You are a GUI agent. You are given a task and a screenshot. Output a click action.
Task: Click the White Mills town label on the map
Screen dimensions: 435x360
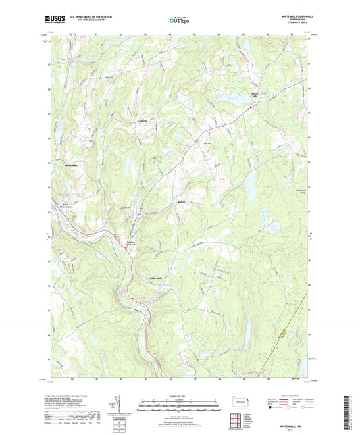pyautogui.click(x=156, y=278)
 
